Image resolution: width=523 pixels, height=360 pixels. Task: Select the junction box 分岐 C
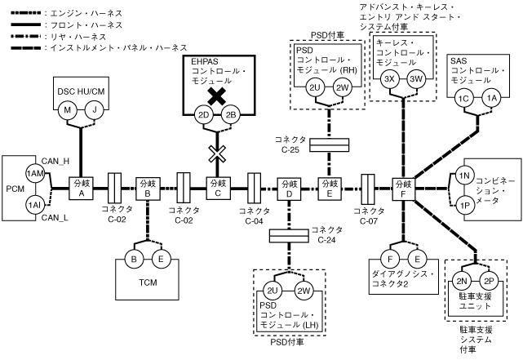pos(218,188)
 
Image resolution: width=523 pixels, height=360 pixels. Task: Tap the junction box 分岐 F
pos(402,188)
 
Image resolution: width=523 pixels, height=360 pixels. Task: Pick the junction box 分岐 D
pos(289,188)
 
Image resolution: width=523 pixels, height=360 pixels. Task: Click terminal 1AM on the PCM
pos(33,174)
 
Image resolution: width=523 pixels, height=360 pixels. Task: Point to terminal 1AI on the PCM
pos(33,203)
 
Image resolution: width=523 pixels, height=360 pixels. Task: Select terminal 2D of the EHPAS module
pos(206,114)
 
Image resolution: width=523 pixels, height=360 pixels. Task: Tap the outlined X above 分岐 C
pos(218,153)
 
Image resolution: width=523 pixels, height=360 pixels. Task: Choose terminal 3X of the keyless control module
pos(390,78)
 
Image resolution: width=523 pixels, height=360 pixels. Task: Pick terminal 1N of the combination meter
pos(463,176)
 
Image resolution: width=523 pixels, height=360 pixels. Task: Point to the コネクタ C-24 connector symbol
pos(289,235)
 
